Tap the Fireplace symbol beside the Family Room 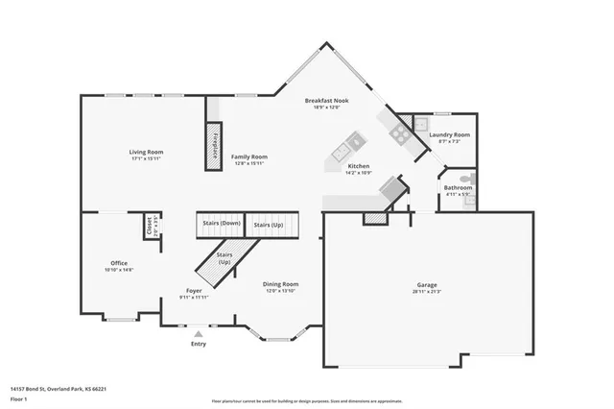coord(215,146)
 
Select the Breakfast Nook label coord(326,100)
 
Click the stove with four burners coord(399,133)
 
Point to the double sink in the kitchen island coord(343,150)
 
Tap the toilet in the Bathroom coord(466,179)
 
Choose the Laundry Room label coord(449,136)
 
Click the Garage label coord(427,286)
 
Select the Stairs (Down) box coord(221,225)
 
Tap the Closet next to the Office coord(149,226)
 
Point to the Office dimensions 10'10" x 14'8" coord(119,271)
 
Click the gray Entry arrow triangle coord(199,333)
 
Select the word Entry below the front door coord(199,344)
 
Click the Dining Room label coord(281,283)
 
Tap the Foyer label coord(194,290)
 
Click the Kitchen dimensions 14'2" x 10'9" coord(359,173)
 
